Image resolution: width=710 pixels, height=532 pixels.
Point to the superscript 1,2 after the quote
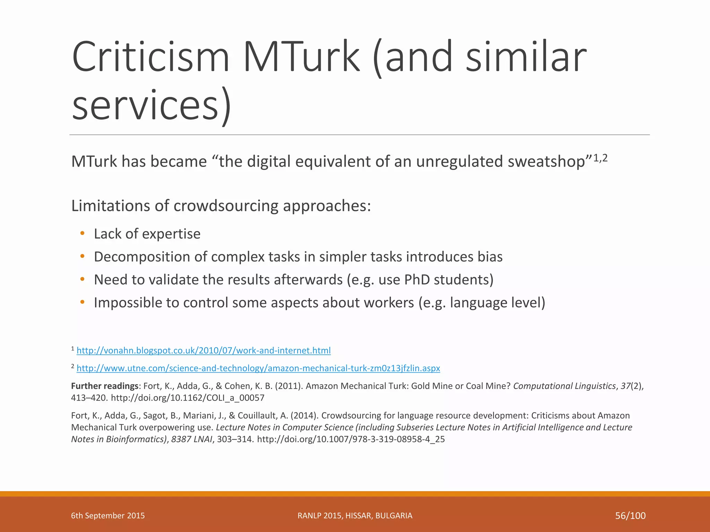(x=600, y=158)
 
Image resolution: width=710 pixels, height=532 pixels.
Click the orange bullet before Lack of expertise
(x=82, y=233)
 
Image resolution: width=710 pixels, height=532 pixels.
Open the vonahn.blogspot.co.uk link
(x=204, y=351)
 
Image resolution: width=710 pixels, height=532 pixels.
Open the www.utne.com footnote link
(x=258, y=368)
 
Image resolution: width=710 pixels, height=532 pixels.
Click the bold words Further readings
(x=105, y=386)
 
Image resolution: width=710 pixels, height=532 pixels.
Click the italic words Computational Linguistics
(x=564, y=386)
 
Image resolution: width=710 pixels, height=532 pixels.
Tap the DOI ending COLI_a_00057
(x=188, y=398)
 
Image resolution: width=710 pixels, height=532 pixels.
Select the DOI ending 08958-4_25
(x=351, y=439)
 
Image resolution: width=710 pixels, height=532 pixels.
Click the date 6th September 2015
(x=108, y=516)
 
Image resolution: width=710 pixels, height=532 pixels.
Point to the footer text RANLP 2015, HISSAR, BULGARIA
(x=355, y=516)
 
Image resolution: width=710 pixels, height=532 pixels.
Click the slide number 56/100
(x=630, y=516)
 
